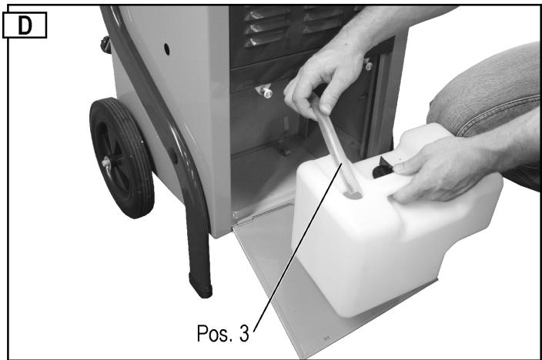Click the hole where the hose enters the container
352,195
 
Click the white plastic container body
370,246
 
